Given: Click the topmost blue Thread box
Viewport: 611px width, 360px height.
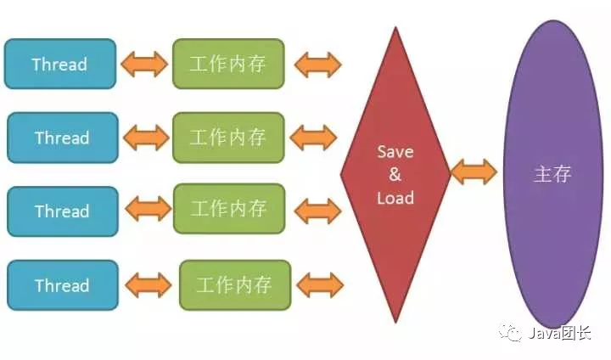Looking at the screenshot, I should [x=60, y=64].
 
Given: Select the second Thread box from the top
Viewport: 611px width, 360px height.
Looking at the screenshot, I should [x=61, y=138].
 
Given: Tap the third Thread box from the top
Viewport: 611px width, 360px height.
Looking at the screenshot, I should [x=61, y=211].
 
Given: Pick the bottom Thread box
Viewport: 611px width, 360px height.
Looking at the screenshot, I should [x=61, y=285].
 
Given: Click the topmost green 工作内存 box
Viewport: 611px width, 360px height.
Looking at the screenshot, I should [x=227, y=64].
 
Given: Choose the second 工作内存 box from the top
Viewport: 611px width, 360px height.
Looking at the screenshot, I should [x=227, y=138].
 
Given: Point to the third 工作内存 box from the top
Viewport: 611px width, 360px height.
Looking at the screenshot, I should [x=228, y=209].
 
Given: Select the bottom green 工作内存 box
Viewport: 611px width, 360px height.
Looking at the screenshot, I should [x=235, y=285].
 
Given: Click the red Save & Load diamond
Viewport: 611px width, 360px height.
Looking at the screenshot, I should [x=395, y=175].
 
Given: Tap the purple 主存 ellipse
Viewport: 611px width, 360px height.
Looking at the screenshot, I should [x=552, y=175].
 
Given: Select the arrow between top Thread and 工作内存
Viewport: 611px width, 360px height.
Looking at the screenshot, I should [x=144, y=64].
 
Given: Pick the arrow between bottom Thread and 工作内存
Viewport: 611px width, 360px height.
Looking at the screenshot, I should [x=148, y=285].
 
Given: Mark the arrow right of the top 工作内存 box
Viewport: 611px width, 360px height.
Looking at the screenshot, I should [x=316, y=64].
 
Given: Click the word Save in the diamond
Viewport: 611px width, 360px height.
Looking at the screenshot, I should [x=395, y=153].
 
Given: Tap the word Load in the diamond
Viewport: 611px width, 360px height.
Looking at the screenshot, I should [x=395, y=198].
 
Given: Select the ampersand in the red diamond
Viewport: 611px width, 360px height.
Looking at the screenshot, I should [x=395, y=175].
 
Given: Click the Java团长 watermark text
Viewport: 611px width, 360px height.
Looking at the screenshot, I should [x=558, y=334].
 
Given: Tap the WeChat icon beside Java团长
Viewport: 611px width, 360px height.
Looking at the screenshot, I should [x=513, y=334].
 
